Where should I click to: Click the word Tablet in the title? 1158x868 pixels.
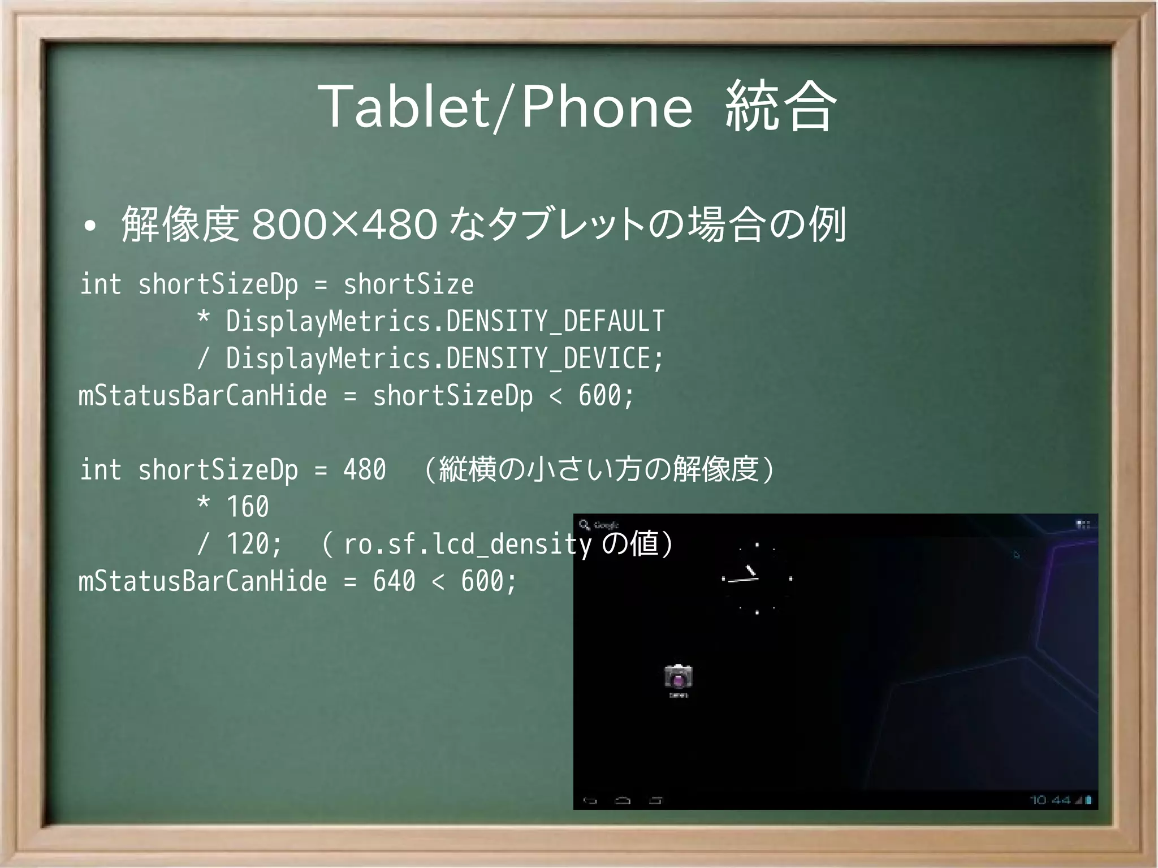click(404, 106)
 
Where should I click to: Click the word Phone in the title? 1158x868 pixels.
click(607, 106)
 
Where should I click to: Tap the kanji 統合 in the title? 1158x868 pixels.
click(780, 106)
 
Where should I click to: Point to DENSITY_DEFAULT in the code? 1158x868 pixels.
click(555, 321)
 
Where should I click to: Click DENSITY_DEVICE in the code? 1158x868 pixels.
click(548, 359)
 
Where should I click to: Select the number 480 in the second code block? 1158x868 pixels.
click(365, 470)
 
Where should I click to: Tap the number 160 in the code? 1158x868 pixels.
click(247, 507)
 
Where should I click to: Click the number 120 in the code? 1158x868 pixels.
click(247, 544)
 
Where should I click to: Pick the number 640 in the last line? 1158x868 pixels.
click(394, 581)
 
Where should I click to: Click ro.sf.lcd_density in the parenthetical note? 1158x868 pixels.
click(467, 544)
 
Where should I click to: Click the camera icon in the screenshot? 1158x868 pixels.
click(678, 677)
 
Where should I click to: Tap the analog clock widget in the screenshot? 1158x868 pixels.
click(757, 578)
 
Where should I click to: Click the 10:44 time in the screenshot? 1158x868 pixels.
click(1049, 800)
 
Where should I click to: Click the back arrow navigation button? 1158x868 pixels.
click(590, 800)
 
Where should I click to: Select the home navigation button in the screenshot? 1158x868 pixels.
click(623, 800)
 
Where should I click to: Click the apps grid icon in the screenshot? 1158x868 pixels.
click(1083, 525)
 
